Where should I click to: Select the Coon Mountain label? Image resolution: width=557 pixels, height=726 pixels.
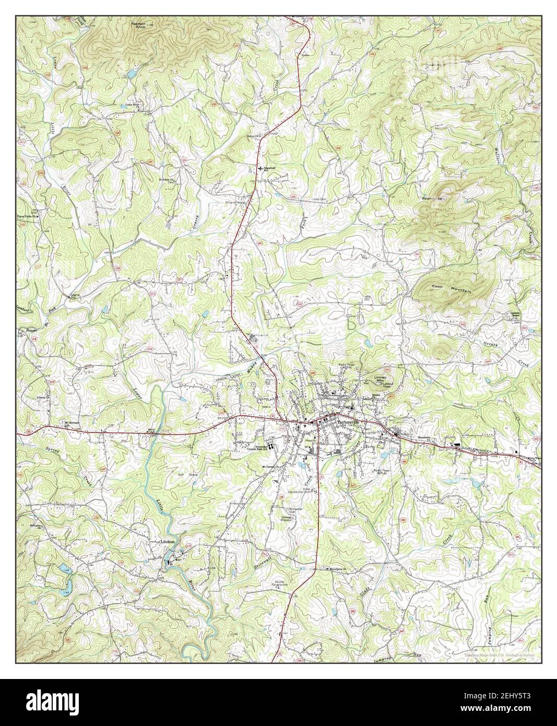[x=452, y=289]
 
